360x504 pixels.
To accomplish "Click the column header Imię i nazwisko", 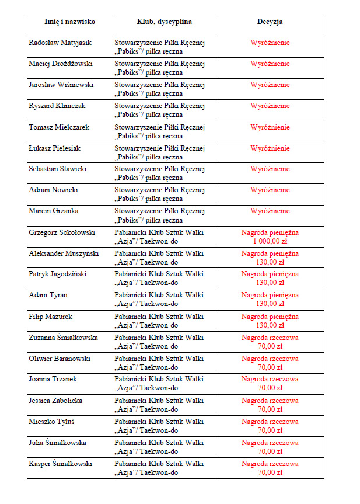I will pos(69,22).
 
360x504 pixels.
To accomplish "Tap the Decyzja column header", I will pos(270,22).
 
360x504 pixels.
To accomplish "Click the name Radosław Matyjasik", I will pos(60,43).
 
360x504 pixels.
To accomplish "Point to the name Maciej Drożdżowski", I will pos(61,64).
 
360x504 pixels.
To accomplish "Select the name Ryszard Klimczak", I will pos(57,106).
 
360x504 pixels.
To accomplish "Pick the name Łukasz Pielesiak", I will pos(54,148).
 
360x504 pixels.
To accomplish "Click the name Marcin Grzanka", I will pos(54,211).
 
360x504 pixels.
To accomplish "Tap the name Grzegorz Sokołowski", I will pos(61,232).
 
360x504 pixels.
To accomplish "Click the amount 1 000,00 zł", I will pos(270,241).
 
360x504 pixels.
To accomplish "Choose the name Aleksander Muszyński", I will pos(64,253).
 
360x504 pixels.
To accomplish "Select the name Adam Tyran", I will pos(48,295).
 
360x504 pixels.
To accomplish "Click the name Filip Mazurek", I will pos(50,316).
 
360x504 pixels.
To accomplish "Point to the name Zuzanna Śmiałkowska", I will pos(63,337).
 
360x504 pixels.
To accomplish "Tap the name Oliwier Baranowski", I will pos(60,358).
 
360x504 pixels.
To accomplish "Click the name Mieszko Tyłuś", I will pos(52,421).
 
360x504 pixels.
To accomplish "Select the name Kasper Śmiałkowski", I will pos(61,463).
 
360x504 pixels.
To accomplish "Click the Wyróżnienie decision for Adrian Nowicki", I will pos(270,190).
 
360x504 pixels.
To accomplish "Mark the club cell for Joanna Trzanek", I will pos(159,383).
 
